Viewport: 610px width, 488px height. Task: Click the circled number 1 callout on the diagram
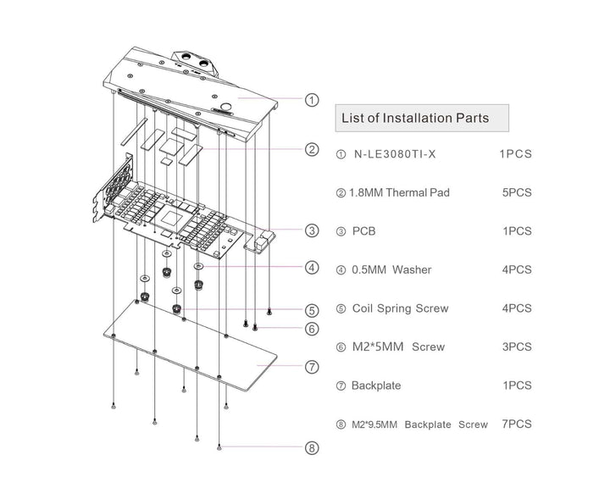point(312,100)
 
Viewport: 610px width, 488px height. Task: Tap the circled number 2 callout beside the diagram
point(312,150)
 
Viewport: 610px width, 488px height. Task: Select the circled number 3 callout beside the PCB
point(312,230)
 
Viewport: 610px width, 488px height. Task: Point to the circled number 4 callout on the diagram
point(312,269)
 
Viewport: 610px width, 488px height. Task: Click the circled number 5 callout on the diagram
point(312,310)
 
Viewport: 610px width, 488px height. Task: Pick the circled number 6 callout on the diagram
point(312,329)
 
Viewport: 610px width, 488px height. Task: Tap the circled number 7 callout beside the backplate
point(312,367)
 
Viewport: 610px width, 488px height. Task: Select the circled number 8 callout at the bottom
point(312,448)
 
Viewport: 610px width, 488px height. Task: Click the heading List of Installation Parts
point(414,118)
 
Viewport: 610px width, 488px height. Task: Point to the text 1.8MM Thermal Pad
point(395,192)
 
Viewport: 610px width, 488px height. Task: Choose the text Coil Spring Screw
point(400,308)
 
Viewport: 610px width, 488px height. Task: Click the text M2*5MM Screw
point(391,347)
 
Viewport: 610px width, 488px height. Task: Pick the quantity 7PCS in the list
point(516,424)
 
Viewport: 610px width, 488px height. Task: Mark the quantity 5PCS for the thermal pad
point(516,192)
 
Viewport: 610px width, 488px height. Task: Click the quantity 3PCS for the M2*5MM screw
point(516,347)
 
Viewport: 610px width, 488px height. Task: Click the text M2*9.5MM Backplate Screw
point(419,424)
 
